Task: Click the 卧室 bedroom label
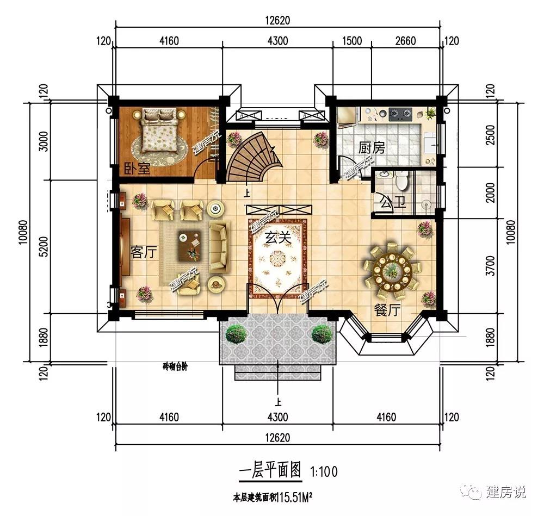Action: point(137,169)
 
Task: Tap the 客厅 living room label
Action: point(144,252)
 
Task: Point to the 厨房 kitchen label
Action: point(372,147)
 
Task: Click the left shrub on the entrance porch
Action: point(236,333)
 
